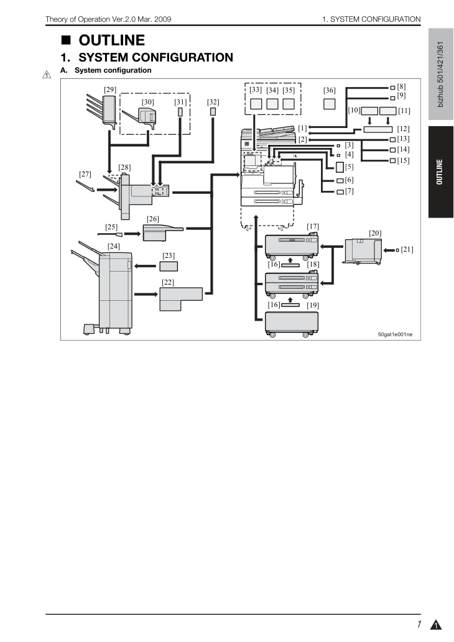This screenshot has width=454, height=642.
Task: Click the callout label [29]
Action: [x=110, y=89]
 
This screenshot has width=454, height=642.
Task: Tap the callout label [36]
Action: [x=330, y=90]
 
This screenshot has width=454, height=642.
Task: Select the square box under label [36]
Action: [x=330, y=104]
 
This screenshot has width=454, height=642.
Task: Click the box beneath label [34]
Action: [x=272, y=104]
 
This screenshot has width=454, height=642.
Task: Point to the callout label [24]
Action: [x=113, y=246]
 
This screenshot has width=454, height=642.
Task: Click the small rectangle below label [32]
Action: [x=213, y=112]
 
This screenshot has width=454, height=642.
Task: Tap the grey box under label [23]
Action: [x=169, y=267]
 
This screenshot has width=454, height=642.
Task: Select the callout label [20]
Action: [x=375, y=233]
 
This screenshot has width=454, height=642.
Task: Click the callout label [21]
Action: [x=407, y=249]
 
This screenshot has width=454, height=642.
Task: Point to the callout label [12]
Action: [x=403, y=129]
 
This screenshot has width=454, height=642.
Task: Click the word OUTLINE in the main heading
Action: [x=111, y=40]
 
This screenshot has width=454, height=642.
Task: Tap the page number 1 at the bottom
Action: [x=419, y=625]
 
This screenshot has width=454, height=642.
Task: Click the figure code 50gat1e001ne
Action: [x=395, y=334]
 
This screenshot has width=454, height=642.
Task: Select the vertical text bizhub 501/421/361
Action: [x=440, y=74]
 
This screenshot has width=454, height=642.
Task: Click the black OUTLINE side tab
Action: [x=441, y=172]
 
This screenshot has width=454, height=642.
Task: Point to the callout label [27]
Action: [x=85, y=174]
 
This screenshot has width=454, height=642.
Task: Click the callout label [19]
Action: [x=313, y=305]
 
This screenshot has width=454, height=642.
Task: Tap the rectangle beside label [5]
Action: [x=340, y=167]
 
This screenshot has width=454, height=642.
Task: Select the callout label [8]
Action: [x=401, y=86]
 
